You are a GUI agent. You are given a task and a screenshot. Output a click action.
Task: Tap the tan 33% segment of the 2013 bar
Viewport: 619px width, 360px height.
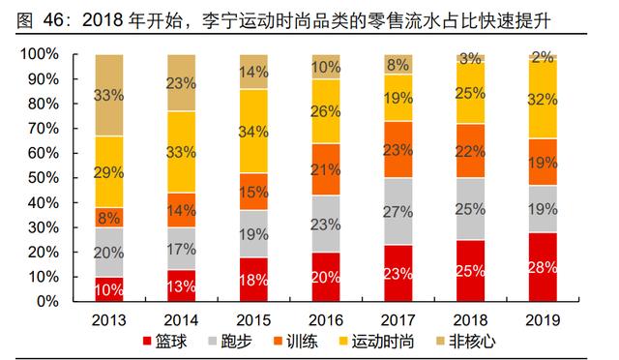tap(108, 95)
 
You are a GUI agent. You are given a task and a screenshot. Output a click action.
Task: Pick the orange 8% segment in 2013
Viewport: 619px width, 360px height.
tap(108, 218)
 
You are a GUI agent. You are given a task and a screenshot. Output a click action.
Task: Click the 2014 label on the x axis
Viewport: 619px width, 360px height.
tap(183, 319)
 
